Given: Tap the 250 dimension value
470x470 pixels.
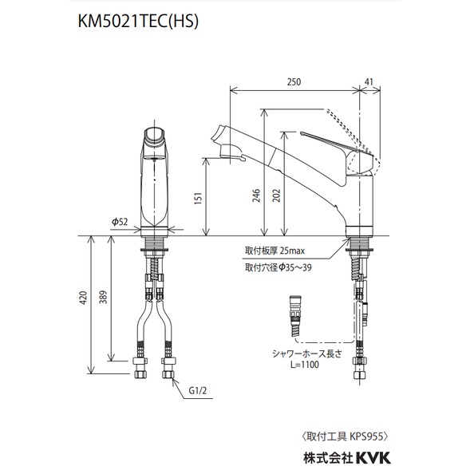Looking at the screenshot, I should click(x=294, y=80).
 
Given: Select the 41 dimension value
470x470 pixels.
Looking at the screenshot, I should click(x=368, y=80).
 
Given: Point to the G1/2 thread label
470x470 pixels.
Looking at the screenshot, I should click(x=199, y=391).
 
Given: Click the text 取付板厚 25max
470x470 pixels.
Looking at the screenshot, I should click(x=275, y=251).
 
